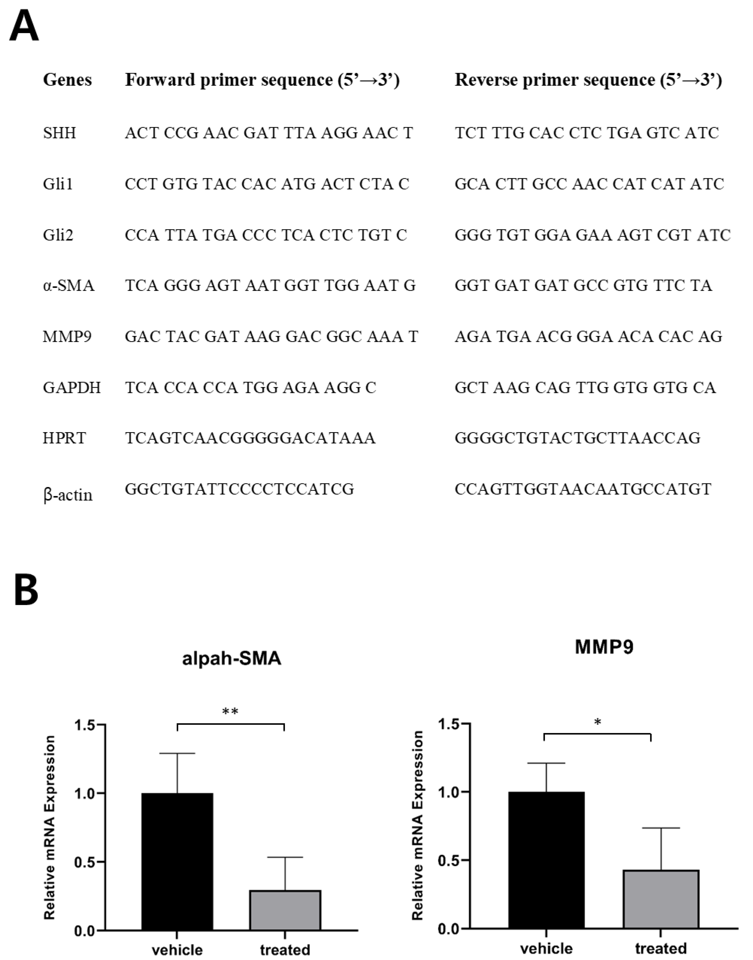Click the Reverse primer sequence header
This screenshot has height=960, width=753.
[x=588, y=80]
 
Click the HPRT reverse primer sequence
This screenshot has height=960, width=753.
[x=578, y=438]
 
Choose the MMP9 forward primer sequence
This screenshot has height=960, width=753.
[x=271, y=336]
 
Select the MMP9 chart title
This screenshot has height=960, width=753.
[x=604, y=647]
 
